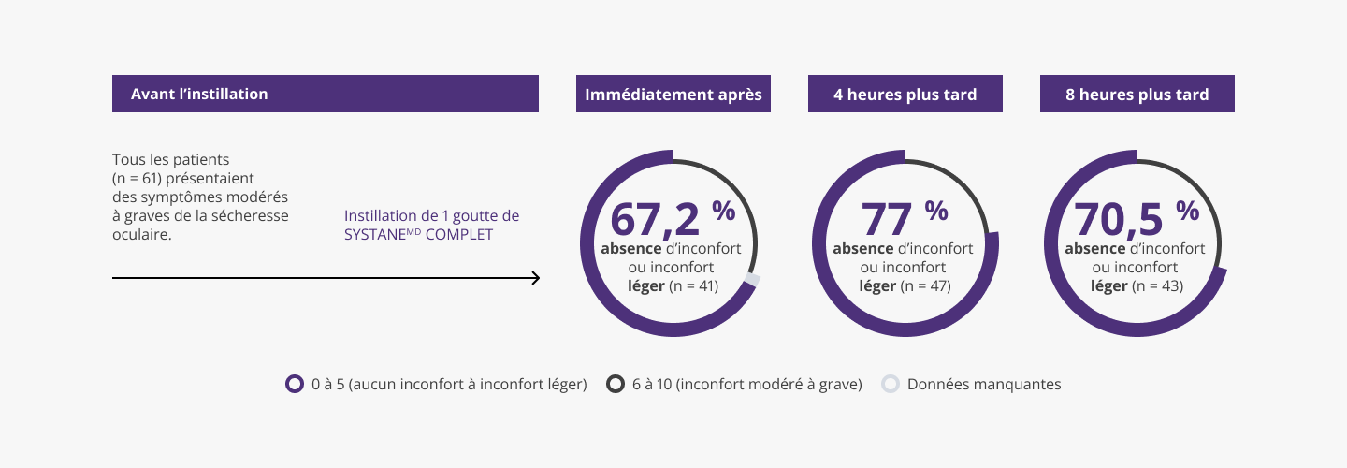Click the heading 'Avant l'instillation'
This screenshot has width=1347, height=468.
tap(199, 94)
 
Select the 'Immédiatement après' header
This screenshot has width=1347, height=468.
tap(673, 95)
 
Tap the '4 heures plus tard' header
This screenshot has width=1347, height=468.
tap(905, 95)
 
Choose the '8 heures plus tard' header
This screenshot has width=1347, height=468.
tap(1137, 95)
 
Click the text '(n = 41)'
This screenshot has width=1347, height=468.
tap(694, 286)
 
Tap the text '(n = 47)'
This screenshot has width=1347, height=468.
tap(926, 286)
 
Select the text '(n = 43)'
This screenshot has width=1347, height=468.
tap(1158, 286)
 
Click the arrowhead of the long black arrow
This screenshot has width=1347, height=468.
tap(536, 278)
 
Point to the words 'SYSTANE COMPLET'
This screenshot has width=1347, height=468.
tap(418, 235)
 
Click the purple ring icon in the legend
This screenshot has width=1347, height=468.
tap(294, 384)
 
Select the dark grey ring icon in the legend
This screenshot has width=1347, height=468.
tap(615, 384)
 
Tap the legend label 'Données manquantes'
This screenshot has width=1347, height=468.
tap(984, 384)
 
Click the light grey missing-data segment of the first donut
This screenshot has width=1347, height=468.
tap(752, 282)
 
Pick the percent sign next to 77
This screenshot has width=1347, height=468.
tap(936, 211)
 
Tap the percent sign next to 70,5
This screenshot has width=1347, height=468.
tap(1187, 211)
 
